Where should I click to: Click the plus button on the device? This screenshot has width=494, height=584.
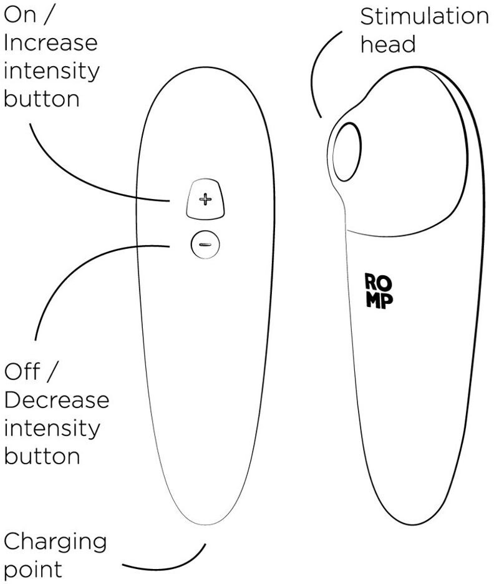click(x=205, y=200)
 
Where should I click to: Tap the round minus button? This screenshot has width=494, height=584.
click(x=205, y=243)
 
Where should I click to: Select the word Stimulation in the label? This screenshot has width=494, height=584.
click(x=424, y=17)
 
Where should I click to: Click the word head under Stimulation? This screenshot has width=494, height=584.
click(x=388, y=44)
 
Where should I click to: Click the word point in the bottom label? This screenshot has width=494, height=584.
click(x=33, y=569)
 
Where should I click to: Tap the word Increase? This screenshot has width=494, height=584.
click(x=51, y=44)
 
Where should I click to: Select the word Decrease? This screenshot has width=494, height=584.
click(x=56, y=399)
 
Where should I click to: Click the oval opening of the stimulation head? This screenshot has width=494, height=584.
click(x=347, y=152)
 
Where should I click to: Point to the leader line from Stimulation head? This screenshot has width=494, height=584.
click(x=324, y=69)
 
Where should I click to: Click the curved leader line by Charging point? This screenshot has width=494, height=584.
click(x=175, y=565)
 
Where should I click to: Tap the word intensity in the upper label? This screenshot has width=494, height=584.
click(x=51, y=71)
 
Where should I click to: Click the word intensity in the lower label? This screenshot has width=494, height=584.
click(x=51, y=428)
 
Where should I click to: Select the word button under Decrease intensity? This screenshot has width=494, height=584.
click(x=42, y=455)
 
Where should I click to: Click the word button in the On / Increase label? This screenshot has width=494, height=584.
click(x=42, y=99)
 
